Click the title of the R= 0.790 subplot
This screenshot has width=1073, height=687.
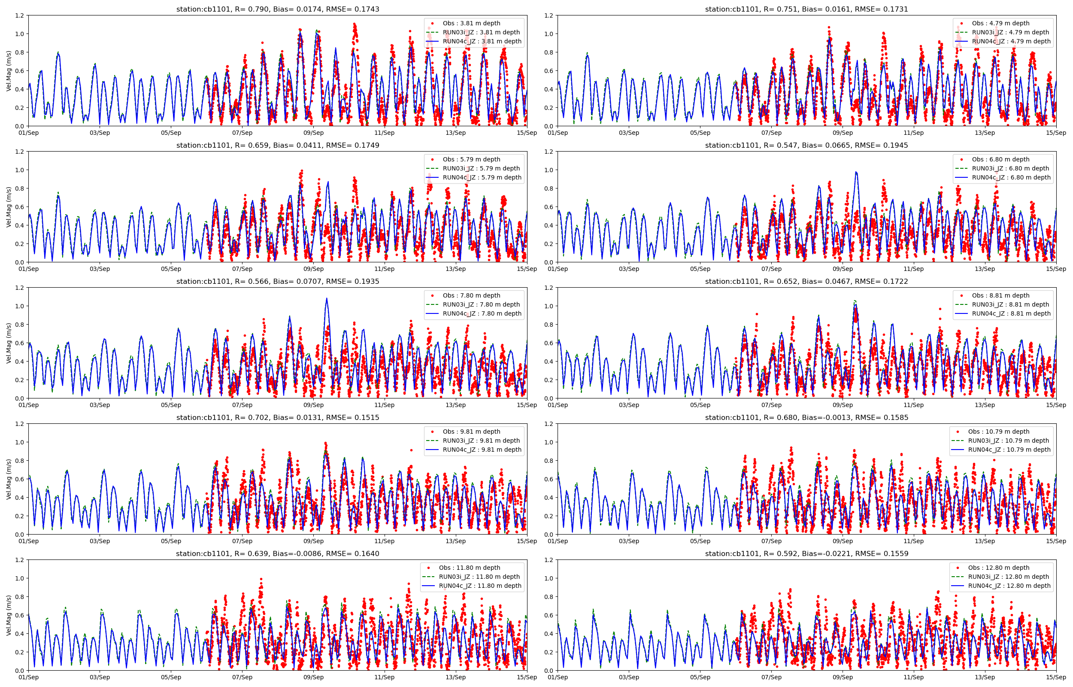click(x=277, y=9)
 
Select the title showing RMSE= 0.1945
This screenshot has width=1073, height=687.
click(x=806, y=145)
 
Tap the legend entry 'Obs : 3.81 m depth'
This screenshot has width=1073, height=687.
click(x=471, y=23)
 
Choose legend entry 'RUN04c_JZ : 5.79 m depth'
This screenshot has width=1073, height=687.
click(x=482, y=177)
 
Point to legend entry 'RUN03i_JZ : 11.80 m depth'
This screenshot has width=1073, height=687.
click(x=479, y=576)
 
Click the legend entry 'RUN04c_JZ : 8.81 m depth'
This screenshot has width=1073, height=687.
click(x=1011, y=313)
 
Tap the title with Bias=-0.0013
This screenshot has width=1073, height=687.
click(x=806, y=417)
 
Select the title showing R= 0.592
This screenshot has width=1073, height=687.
click(x=806, y=553)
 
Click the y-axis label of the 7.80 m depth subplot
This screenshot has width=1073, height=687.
click(x=9, y=343)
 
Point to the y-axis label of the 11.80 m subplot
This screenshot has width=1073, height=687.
click(x=9, y=615)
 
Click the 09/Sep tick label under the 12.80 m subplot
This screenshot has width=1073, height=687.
click(x=843, y=677)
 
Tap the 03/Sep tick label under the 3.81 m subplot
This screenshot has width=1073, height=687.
click(x=100, y=133)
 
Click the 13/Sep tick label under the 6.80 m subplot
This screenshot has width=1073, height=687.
click(x=985, y=268)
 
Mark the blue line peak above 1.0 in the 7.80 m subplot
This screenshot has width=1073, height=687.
click(x=326, y=299)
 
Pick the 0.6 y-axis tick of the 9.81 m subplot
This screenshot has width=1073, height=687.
click(x=20, y=479)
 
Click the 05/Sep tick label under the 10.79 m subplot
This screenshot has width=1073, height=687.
click(x=700, y=541)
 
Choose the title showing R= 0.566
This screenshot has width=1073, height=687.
click(x=277, y=282)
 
